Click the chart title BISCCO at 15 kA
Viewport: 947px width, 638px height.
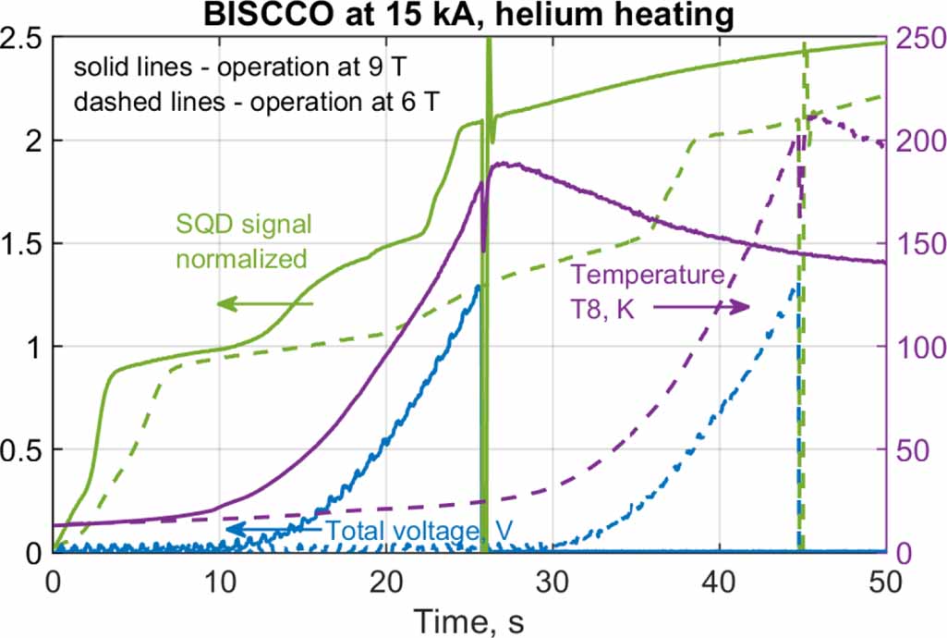[471, 14]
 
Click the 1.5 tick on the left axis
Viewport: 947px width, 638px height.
[23, 244]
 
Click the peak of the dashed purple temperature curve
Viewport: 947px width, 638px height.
[811, 116]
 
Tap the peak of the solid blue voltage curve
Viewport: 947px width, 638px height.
[479, 286]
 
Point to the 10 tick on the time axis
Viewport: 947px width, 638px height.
[220, 578]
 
